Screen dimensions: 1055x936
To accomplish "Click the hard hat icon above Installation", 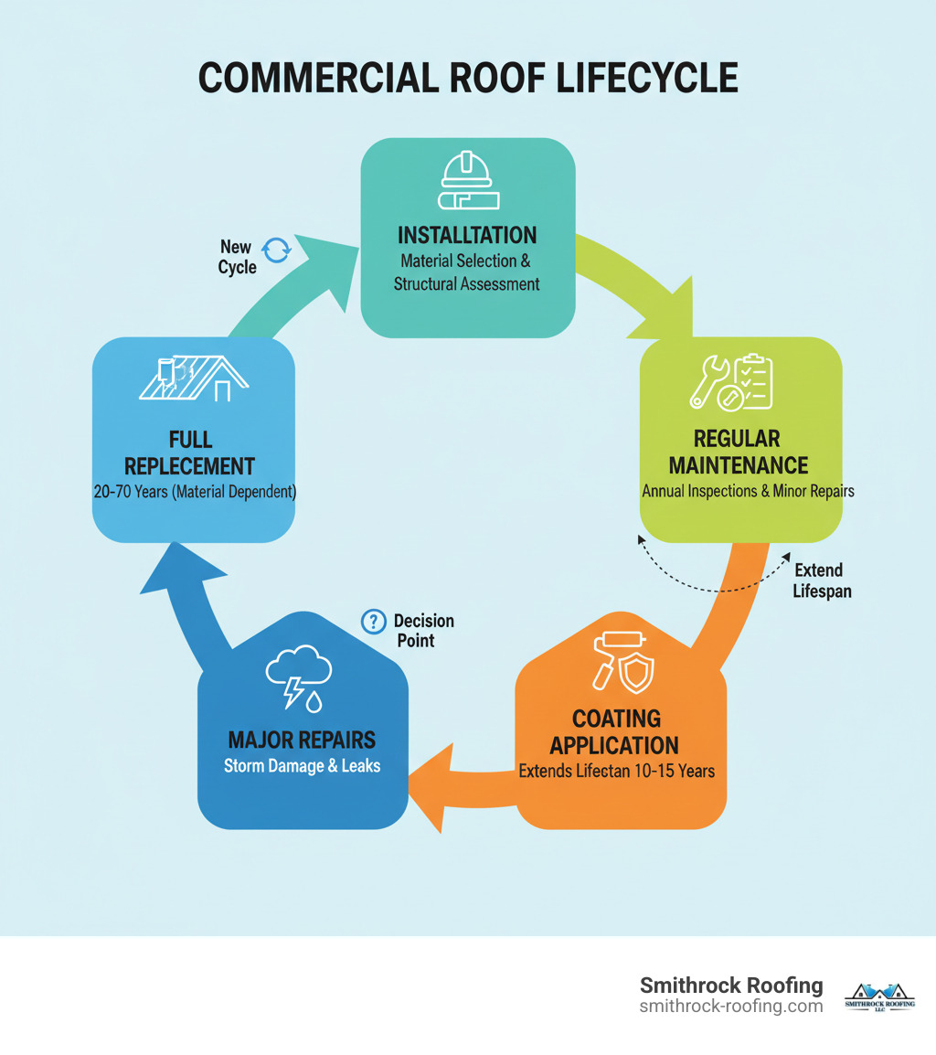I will [x=467, y=182].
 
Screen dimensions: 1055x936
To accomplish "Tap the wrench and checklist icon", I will [x=730, y=381].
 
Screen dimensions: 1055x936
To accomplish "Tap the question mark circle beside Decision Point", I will [x=374, y=622].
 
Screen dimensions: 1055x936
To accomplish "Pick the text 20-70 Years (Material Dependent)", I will [x=194, y=491].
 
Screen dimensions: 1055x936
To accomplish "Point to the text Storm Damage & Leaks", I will [x=302, y=766].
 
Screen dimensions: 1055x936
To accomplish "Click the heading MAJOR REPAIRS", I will [x=303, y=739].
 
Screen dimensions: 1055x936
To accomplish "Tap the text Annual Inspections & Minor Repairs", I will [x=748, y=491].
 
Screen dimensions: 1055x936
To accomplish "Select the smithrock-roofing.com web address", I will [x=731, y=1006].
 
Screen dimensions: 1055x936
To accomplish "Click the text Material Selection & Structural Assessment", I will [x=467, y=272].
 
